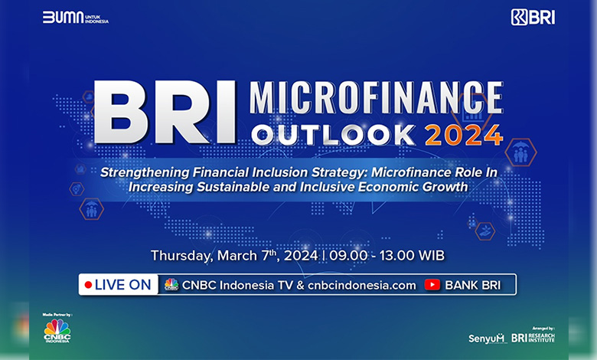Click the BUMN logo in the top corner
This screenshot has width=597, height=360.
coord(75,18)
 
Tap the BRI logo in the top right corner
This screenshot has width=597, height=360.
coord(533,18)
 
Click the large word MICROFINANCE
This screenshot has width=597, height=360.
coord(376,98)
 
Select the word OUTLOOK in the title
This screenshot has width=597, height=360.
coord(333,136)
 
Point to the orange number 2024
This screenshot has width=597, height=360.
coord(464,136)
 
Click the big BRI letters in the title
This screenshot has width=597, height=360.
coord(165,112)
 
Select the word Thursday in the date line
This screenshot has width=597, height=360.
coord(181,256)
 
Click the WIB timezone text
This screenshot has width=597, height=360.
coord(431,255)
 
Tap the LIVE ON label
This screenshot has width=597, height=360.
coord(123,285)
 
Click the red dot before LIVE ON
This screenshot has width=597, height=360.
coord(88,285)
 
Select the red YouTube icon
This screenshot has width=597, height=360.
coord(432,285)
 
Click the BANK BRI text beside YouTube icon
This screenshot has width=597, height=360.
coord(473,285)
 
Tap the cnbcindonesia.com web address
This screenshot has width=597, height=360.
coord(362,286)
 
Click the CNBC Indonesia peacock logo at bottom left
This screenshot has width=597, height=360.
coord(57,331)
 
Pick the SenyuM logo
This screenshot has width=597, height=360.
coord(486,339)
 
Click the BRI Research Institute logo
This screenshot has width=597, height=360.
coord(533,338)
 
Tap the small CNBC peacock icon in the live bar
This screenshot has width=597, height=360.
coord(171,285)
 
